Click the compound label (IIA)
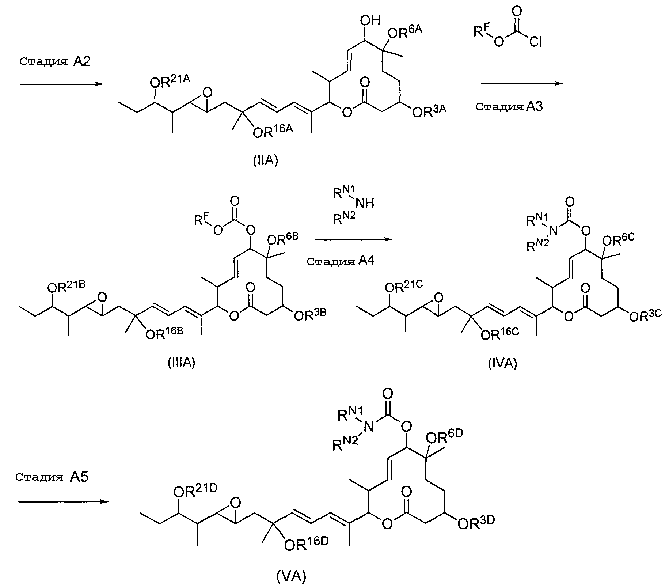point(266,160)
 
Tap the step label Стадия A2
point(55,61)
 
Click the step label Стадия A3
point(509,107)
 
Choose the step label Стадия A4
point(341,261)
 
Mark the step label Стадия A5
point(52,477)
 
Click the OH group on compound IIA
point(370,20)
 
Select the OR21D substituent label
point(195,492)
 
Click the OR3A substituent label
point(429,111)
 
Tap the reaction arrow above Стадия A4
point(353,239)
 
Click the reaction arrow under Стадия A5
point(64,501)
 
